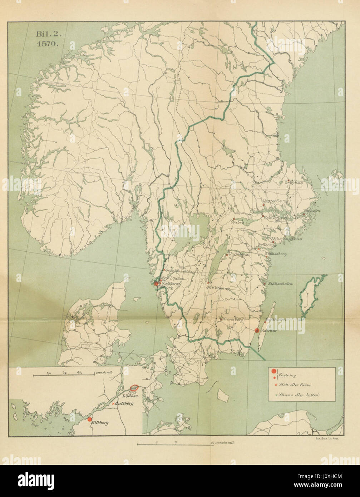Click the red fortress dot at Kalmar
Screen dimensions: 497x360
coord(257,331)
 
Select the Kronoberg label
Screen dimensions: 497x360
coord(232,320)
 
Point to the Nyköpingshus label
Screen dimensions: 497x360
coord(287,238)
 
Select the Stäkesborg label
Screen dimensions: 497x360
coord(277,254)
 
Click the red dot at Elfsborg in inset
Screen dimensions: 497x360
coord(89,419)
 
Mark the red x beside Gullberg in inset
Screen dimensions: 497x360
coord(114,404)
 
